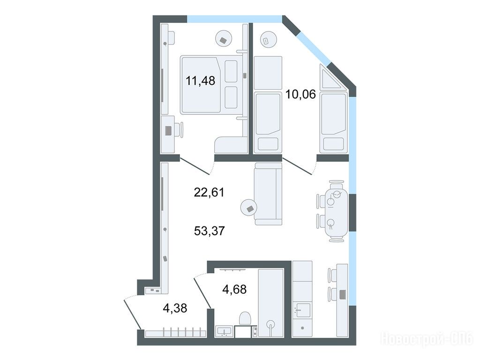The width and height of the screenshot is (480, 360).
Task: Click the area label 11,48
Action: coord(200,81)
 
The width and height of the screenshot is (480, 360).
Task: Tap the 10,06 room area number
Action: coord(300,94)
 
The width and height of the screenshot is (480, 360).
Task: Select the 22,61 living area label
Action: coord(209,192)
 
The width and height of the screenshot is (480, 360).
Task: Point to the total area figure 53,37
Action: coord(210,231)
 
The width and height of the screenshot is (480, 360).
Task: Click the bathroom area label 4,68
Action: coord(234,289)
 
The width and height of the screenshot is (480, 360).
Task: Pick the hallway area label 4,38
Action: coord(175,308)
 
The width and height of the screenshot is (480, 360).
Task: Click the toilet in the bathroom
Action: coord(245,318)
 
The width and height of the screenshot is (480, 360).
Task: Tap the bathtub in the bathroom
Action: coord(270,303)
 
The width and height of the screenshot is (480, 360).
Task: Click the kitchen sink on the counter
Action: coord(302,310)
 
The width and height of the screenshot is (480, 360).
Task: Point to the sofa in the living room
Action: coord(268,194)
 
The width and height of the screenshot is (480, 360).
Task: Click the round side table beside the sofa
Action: coord(250,209)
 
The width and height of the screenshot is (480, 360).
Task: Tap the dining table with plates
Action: coord(336,211)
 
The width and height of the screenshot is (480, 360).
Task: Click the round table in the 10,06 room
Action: coord(268,40)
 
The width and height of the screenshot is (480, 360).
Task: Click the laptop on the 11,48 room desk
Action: coord(169,131)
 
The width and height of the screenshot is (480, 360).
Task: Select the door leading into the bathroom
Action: coord(202,291)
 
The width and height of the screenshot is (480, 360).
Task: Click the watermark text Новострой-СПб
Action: coord(427,339)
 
